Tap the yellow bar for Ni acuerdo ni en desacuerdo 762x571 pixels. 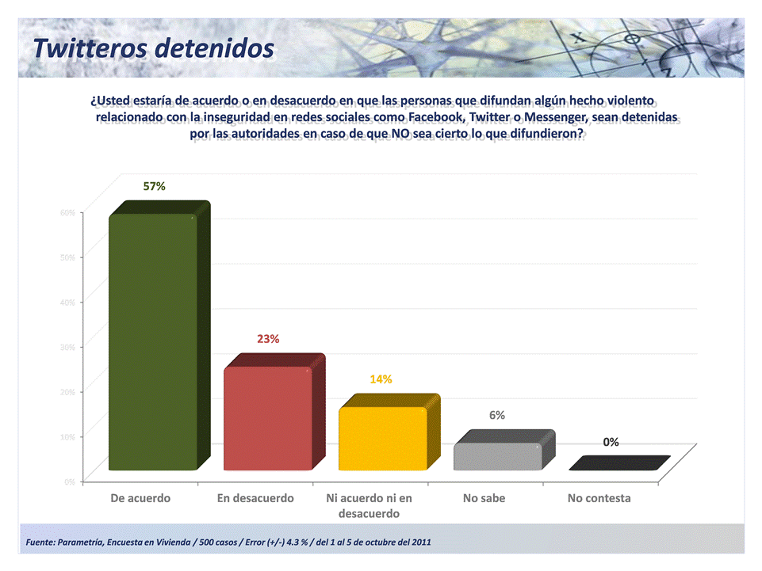coord(382,439)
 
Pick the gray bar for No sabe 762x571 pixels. coord(497,456)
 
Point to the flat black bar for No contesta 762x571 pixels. coord(618,464)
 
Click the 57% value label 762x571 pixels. coord(154,186)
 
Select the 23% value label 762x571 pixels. coord(268,338)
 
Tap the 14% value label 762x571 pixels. coord(381,379)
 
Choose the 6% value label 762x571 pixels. coord(497,415)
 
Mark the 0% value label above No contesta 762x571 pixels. coord(611,442)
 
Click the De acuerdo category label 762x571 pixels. coord(140,498)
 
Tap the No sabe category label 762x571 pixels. coord(484,498)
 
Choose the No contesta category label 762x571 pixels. coord(599,498)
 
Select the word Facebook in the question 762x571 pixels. coord(435,118)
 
